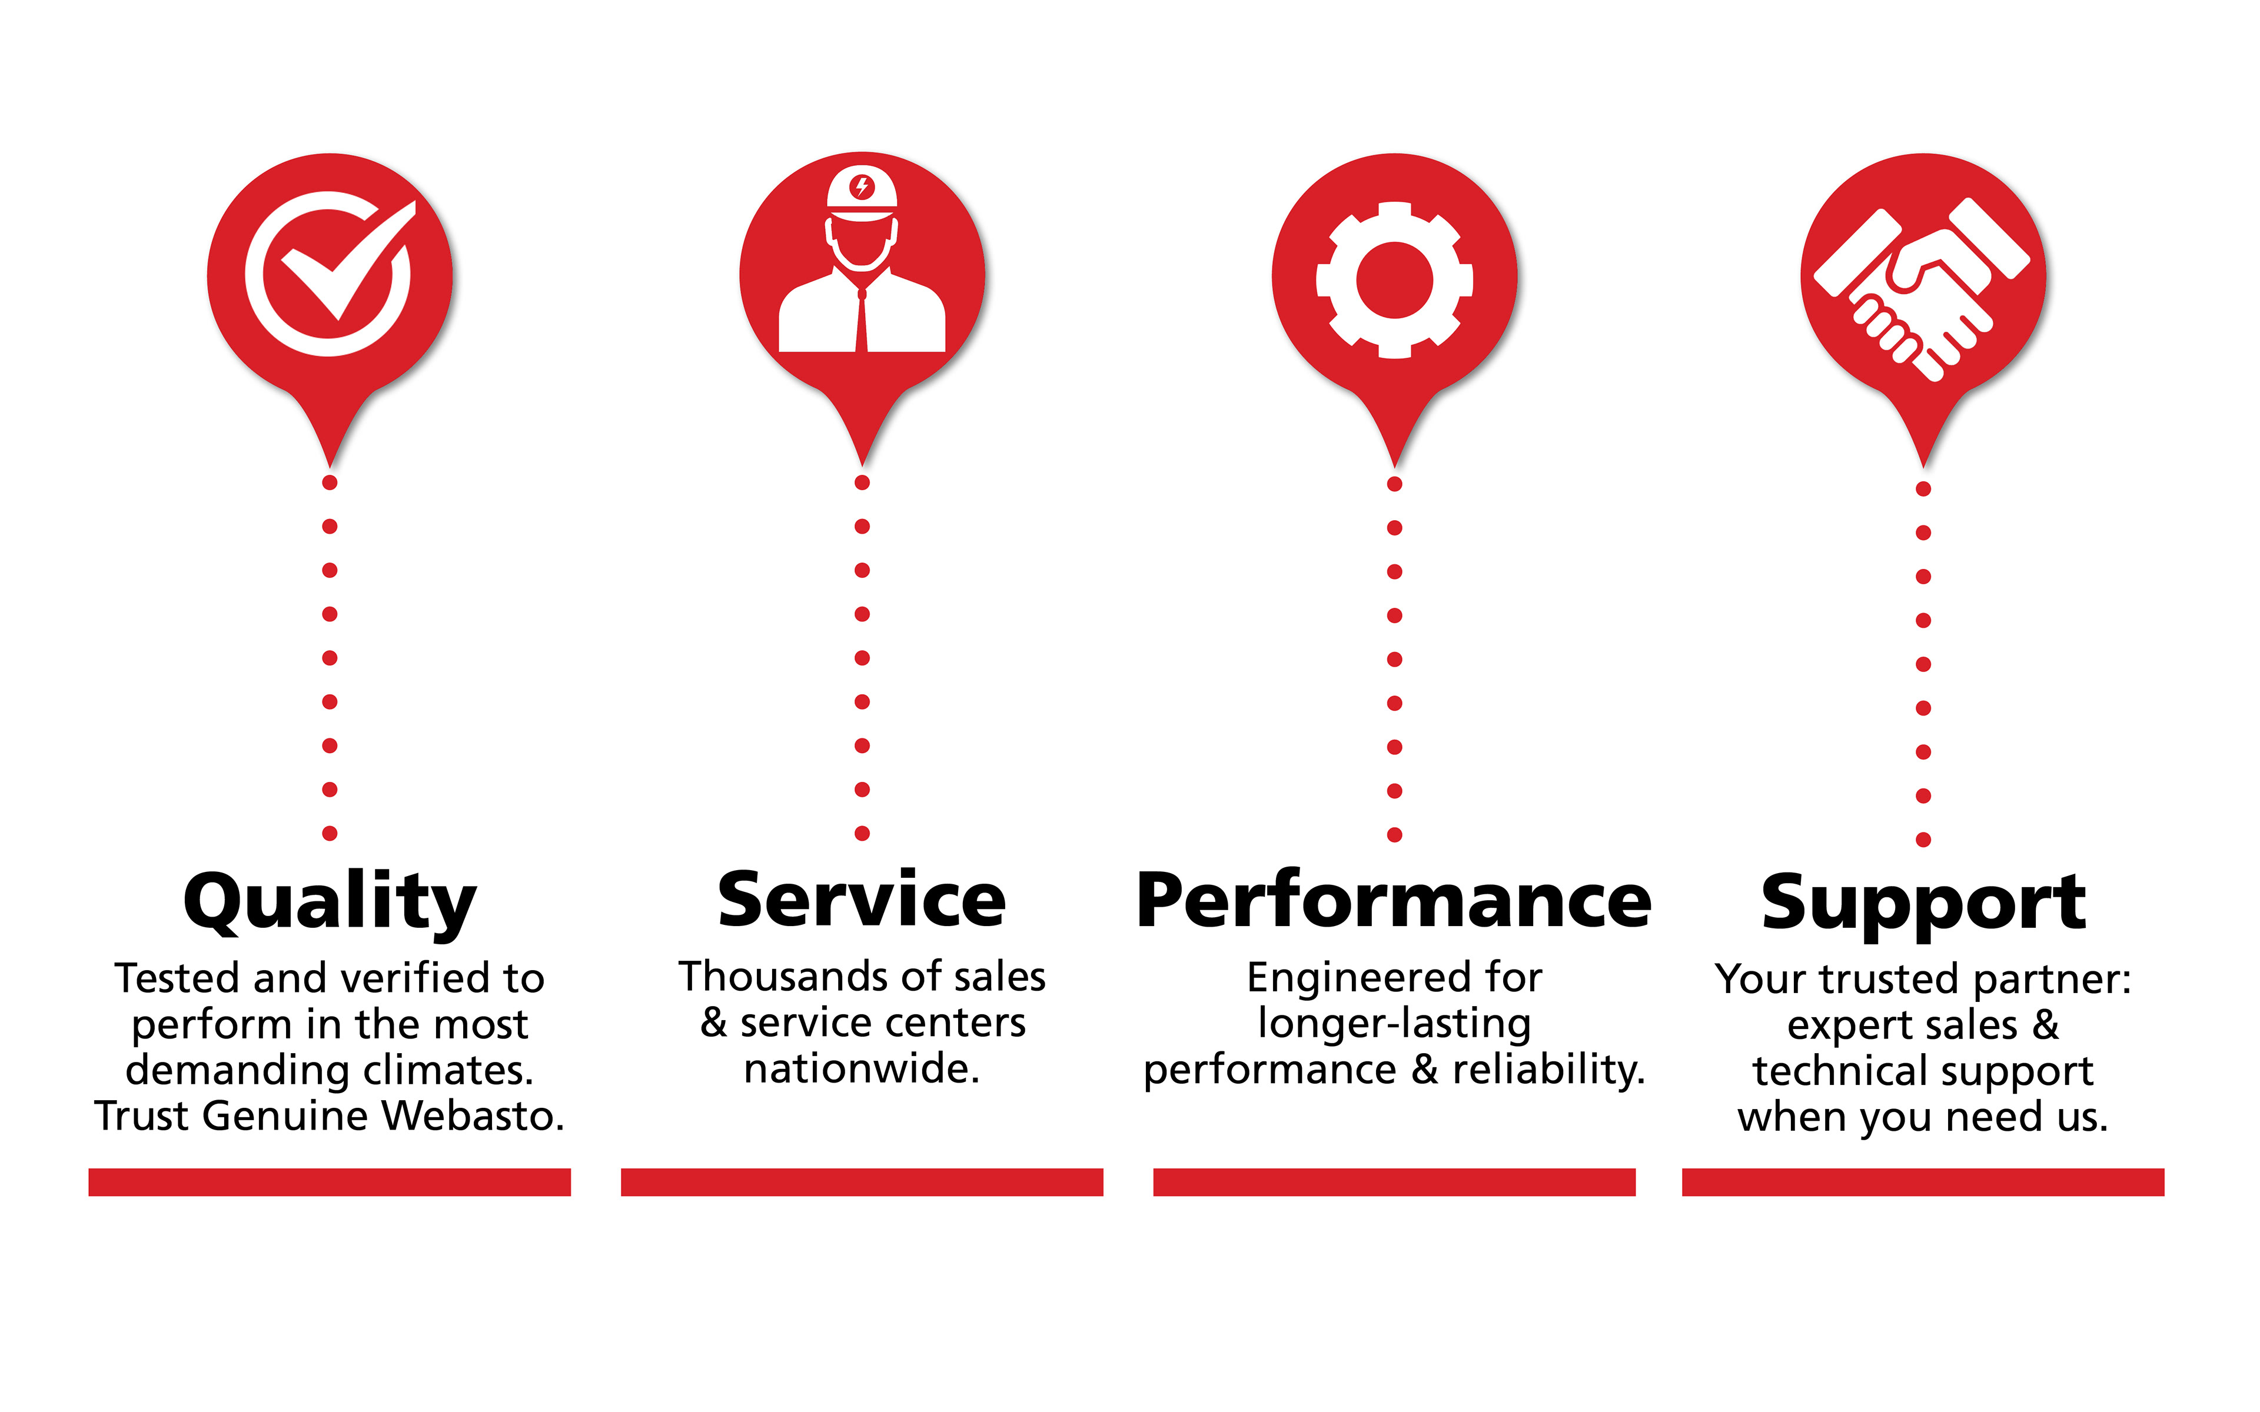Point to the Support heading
coord(1923,904)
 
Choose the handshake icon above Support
coord(1922,289)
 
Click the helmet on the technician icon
coord(862,194)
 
